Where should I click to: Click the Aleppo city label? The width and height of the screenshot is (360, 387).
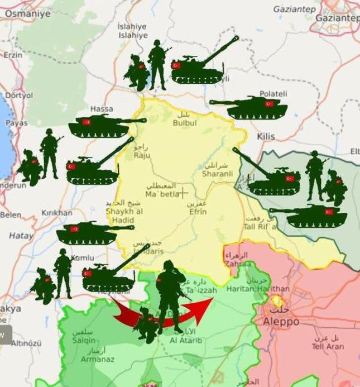click(x=277, y=322)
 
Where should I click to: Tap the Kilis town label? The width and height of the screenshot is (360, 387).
click(x=266, y=136)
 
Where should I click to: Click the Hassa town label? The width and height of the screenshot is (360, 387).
click(x=102, y=108)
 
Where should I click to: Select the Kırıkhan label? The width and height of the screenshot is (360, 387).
click(x=57, y=213)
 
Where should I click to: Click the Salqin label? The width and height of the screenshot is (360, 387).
click(x=83, y=340)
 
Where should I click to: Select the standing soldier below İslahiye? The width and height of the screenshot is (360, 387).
click(x=157, y=66)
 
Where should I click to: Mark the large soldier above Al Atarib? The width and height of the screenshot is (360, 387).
click(x=171, y=293)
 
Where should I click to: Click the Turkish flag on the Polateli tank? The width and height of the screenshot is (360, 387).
click(x=269, y=104)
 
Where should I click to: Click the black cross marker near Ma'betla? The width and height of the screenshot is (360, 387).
click(x=183, y=193)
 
